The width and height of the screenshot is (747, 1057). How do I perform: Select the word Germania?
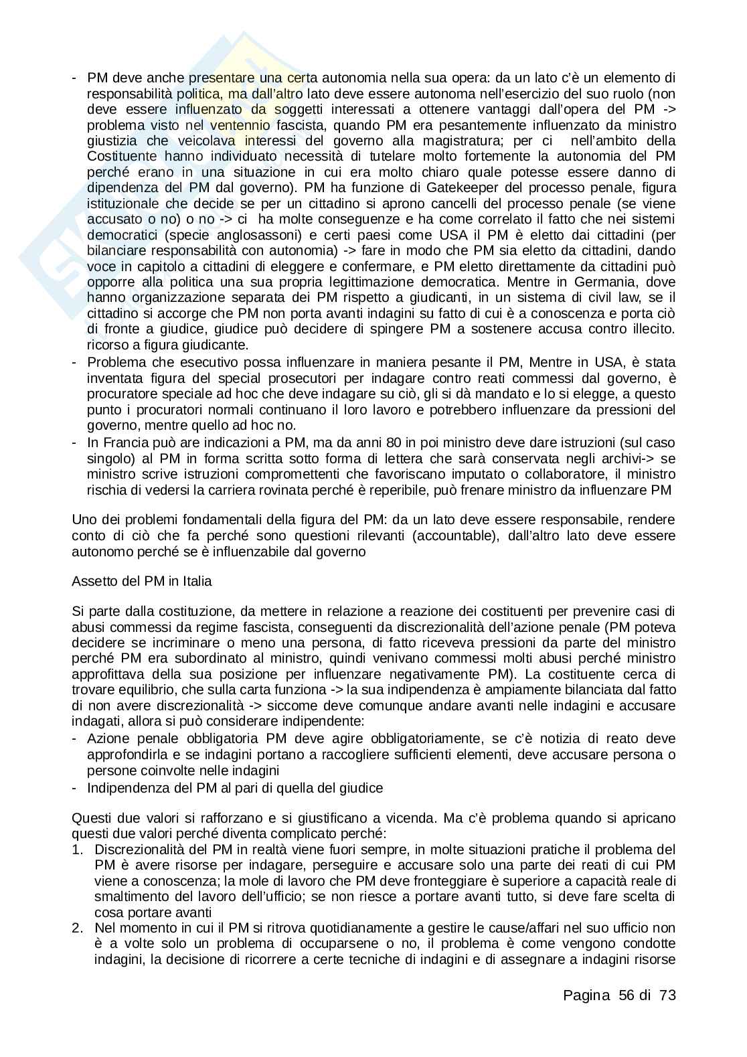(627, 282)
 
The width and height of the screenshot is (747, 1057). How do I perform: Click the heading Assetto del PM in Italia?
(141, 581)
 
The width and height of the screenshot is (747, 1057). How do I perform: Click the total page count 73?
(667, 995)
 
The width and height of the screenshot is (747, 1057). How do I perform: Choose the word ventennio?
(240, 125)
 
